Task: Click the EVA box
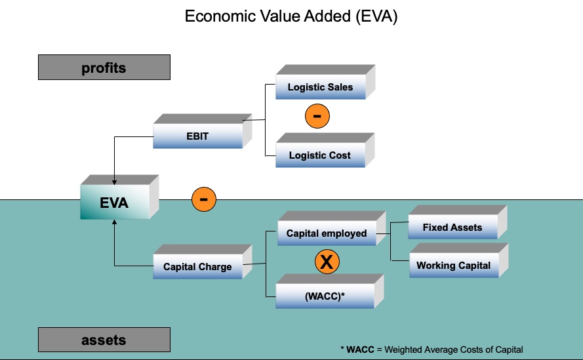[x=114, y=203]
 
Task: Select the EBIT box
[x=197, y=136]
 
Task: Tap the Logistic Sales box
[x=320, y=87]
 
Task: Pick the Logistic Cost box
[x=320, y=155]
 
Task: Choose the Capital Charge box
[x=197, y=267]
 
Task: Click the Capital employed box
[x=327, y=233]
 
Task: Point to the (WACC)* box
[x=325, y=296]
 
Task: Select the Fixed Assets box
[x=452, y=228]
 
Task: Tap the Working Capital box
[x=453, y=266]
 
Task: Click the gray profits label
[x=104, y=68]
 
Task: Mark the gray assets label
[x=104, y=340]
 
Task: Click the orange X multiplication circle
[x=327, y=262]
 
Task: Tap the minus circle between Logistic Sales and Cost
[x=317, y=116]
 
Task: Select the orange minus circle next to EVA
[x=204, y=199]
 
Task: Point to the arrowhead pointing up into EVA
[x=115, y=224]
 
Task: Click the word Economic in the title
[x=218, y=16]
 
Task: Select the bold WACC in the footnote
[x=360, y=350]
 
